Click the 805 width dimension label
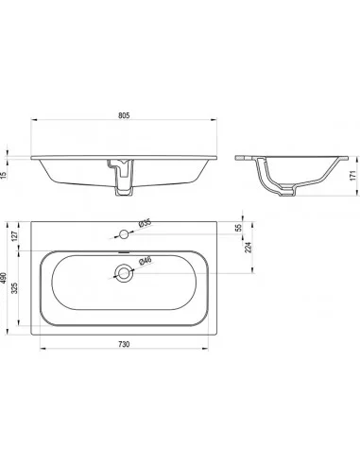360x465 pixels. pos(124,115)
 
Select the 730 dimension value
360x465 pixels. pos(124,344)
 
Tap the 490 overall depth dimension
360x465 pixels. pos(5,278)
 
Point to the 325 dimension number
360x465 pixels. pos(15,288)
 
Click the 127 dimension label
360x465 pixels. pos(15,235)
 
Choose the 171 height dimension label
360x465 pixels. pos(352,175)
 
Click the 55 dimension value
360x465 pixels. pos(238,227)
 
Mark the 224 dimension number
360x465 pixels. pos(248,248)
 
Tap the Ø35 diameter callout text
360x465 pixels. pos(145,223)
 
